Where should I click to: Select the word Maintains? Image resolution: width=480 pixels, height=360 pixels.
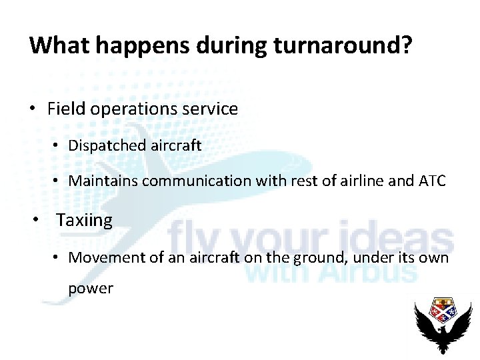coord(101,181)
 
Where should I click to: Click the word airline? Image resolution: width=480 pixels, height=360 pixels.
coord(361,181)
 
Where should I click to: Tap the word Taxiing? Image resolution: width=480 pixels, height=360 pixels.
coord(85,220)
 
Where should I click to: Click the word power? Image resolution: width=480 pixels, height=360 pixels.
coord(91,289)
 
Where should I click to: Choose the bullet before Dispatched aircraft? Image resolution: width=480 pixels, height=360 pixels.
coord(59,146)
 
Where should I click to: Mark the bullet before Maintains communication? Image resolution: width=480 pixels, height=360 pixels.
coord(59,181)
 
